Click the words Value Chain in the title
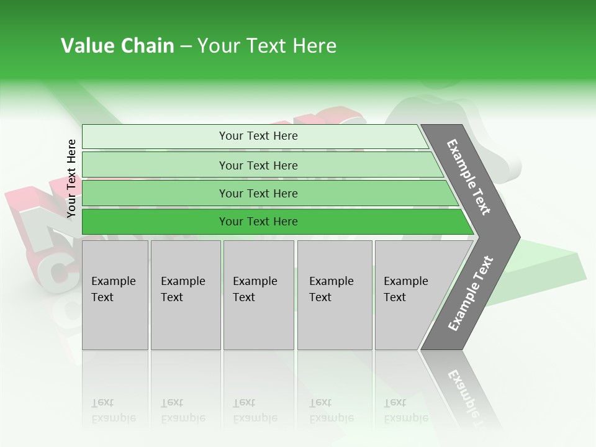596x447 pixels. (x=117, y=46)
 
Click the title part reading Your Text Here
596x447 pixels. (x=267, y=46)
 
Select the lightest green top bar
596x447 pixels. (x=155, y=136)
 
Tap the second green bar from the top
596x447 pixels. (x=155, y=165)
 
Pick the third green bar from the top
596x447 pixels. (x=155, y=193)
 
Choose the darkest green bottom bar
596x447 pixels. (x=155, y=222)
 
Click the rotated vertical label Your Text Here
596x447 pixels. (x=71, y=178)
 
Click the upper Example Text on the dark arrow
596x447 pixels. (x=469, y=177)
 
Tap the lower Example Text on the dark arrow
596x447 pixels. (x=471, y=293)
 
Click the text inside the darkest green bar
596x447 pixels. (x=258, y=222)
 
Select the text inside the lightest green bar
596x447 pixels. (x=258, y=136)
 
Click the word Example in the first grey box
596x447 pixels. (x=113, y=281)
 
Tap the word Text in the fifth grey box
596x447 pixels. (x=394, y=297)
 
